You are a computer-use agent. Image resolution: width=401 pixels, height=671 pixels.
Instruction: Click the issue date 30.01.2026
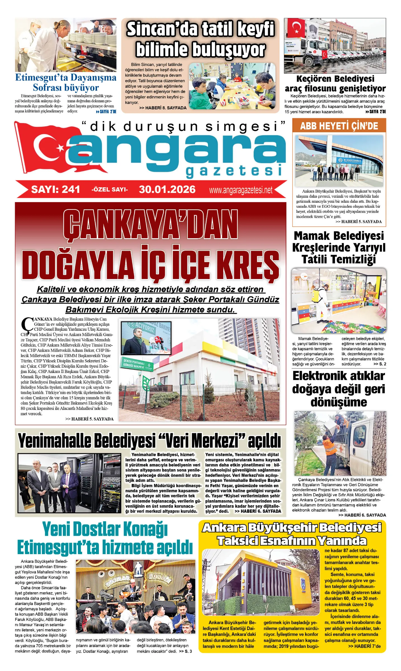(x=167, y=189)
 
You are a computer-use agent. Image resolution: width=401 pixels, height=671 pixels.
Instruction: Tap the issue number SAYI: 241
(x=56, y=189)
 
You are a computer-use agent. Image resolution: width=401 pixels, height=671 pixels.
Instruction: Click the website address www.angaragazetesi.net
(x=241, y=190)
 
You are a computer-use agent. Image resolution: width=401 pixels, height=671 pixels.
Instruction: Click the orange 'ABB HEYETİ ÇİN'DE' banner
(x=339, y=126)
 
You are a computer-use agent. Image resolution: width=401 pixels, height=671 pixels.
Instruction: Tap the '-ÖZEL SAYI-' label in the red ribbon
(x=110, y=190)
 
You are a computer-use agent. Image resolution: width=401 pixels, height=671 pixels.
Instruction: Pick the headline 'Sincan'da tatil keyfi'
(x=200, y=29)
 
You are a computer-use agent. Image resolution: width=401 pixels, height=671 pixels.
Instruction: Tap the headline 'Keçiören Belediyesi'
(x=335, y=79)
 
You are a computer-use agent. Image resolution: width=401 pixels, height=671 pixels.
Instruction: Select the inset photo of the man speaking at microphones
(x=146, y=338)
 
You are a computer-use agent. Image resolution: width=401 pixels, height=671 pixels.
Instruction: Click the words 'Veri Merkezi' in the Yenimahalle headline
(x=201, y=441)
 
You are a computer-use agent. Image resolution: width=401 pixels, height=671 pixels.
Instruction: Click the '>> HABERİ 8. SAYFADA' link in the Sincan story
(x=163, y=108)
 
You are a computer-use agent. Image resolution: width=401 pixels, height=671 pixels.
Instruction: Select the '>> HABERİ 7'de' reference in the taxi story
(x=364, y=646)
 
